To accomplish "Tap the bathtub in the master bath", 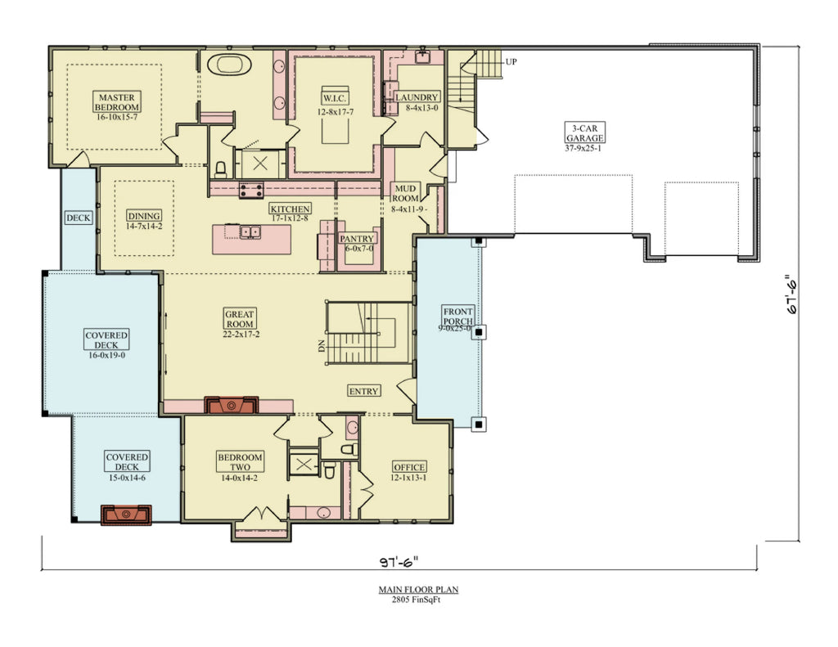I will point(228,65).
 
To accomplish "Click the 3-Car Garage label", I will point(583,133).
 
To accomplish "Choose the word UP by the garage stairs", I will point(511,61).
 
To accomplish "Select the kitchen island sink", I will point(249,232).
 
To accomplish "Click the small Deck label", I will point(79,218).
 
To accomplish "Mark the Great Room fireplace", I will point(232,405).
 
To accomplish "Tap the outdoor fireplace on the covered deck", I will point(126,514).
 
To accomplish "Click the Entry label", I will point(363,391).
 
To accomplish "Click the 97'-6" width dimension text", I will point(399,561).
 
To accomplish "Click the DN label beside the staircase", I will point(322,346).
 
